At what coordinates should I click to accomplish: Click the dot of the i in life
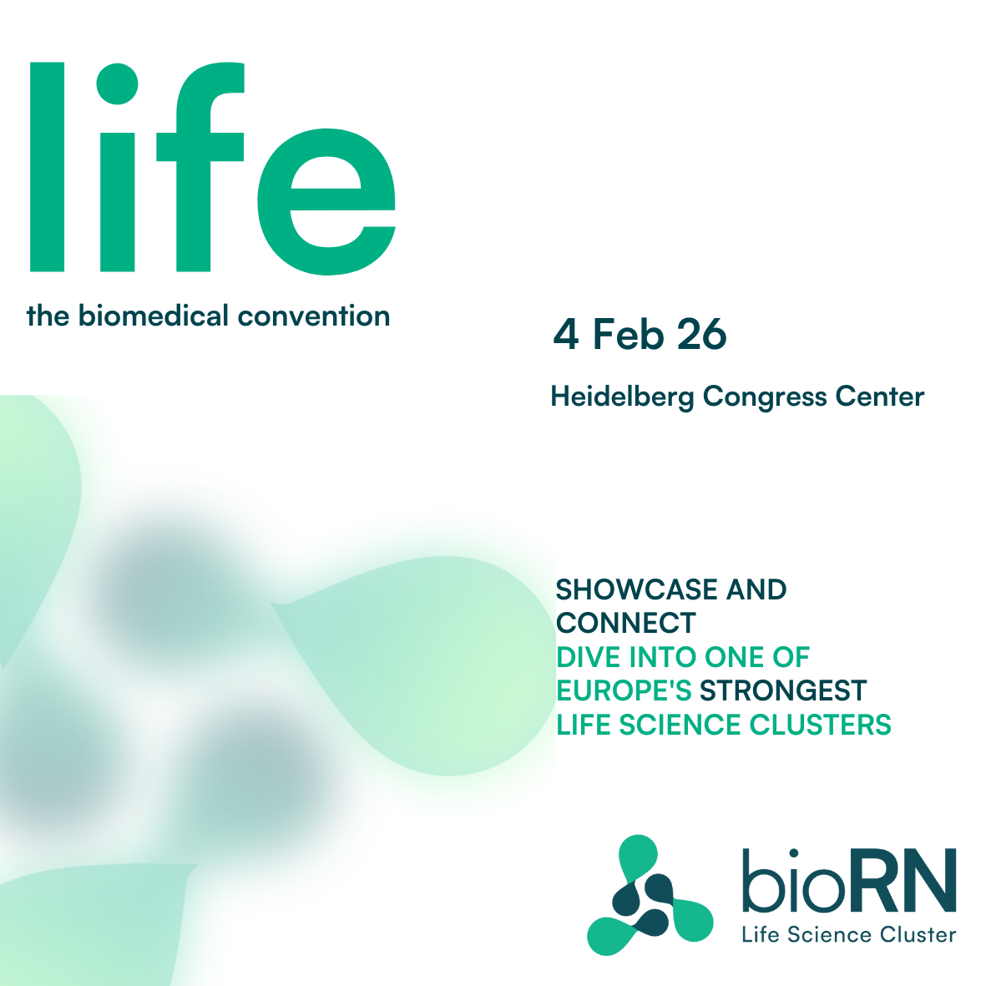[117, 84]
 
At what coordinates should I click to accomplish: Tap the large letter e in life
[326, 202]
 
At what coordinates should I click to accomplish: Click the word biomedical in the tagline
[153, 316]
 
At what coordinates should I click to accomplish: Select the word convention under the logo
[314, 316]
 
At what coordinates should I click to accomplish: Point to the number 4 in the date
[566, 334]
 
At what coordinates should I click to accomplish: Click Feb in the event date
[629, 334]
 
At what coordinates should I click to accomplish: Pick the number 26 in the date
[702, 334]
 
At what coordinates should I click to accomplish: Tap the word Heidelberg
[623, 397]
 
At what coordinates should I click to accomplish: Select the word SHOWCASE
[636, 589]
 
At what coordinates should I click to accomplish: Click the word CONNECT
[626, 623]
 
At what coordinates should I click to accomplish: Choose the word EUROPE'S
[624, 690]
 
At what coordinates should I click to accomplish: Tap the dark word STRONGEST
[783, 690]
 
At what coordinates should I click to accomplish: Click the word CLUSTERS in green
[821, 725]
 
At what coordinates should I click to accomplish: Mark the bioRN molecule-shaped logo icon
[650, 896]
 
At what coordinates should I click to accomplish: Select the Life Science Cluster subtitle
[849, 934]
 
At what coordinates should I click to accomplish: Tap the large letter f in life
[200, 167]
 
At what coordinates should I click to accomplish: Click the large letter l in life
[47, 167]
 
